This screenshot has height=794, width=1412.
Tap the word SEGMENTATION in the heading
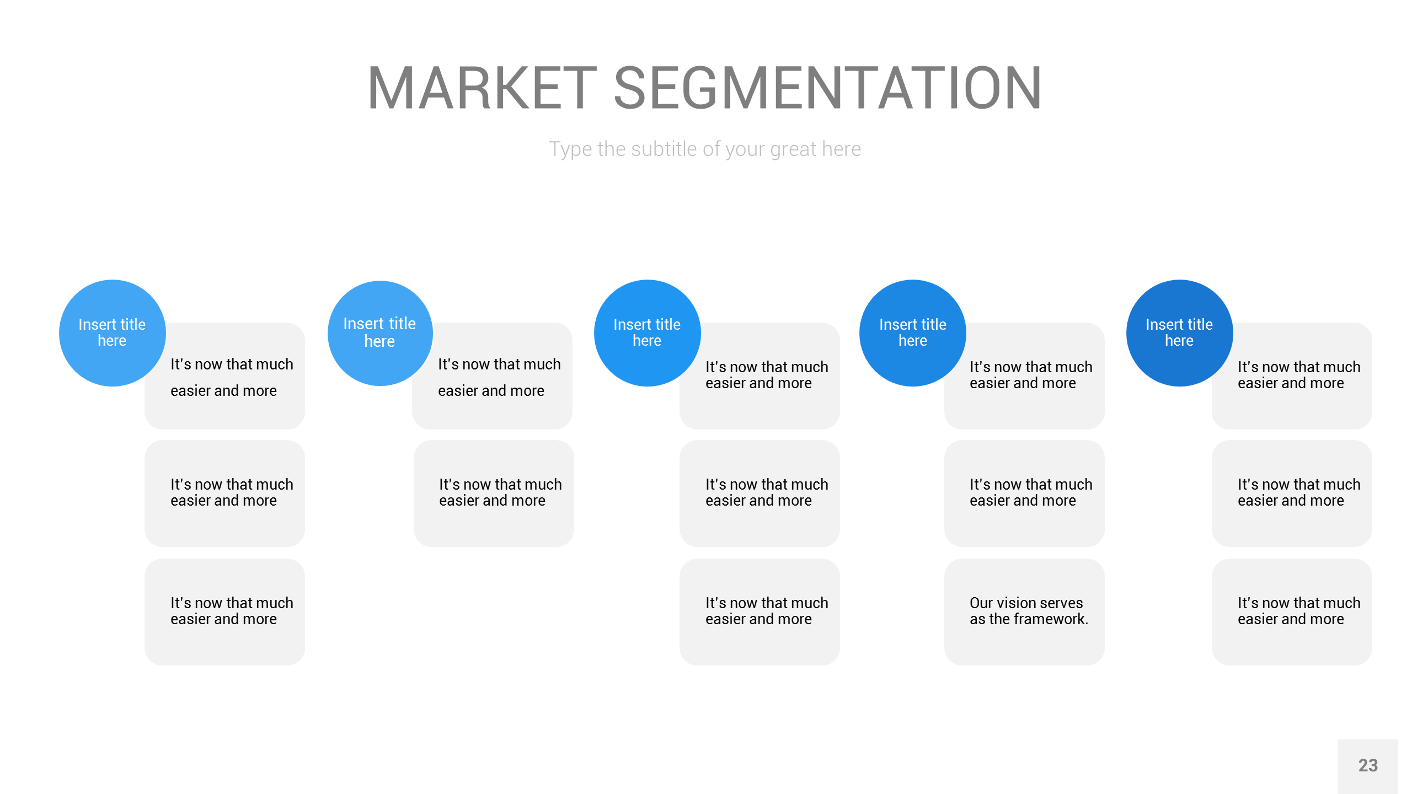[828, 88]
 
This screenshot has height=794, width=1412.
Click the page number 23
[1368, 765]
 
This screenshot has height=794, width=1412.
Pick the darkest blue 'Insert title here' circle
[1179, 333]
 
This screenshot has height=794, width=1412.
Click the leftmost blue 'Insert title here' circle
[113, 333]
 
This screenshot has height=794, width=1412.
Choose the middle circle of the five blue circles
[648, 333]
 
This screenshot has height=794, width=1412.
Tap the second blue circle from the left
[380, 333]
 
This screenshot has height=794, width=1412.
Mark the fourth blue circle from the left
[913, 333]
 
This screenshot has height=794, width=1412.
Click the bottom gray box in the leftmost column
[224, 612]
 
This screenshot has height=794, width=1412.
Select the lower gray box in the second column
[494, 493]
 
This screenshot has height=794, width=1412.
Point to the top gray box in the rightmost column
[1292, 376]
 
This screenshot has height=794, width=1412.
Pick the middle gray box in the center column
[760, 493]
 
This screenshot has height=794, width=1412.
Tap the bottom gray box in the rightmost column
[1292, 612]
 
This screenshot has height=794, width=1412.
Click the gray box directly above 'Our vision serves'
[1024, 493]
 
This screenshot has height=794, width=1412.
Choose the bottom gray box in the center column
[760, 612]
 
